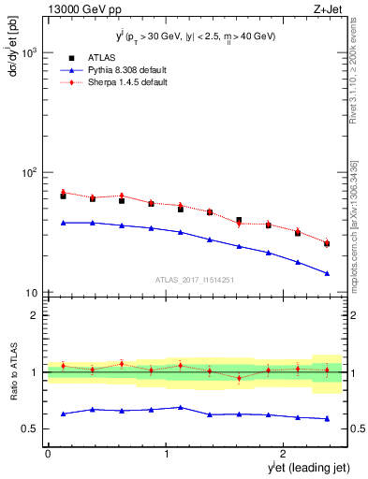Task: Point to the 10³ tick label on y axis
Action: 28,52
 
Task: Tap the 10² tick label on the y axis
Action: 28,173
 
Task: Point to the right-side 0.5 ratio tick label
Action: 356,429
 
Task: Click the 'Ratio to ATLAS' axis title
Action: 12,372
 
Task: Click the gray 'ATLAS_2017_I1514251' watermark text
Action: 195,279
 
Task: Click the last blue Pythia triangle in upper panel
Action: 327,273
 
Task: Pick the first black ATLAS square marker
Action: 63,196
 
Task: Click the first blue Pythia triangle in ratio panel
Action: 63,414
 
